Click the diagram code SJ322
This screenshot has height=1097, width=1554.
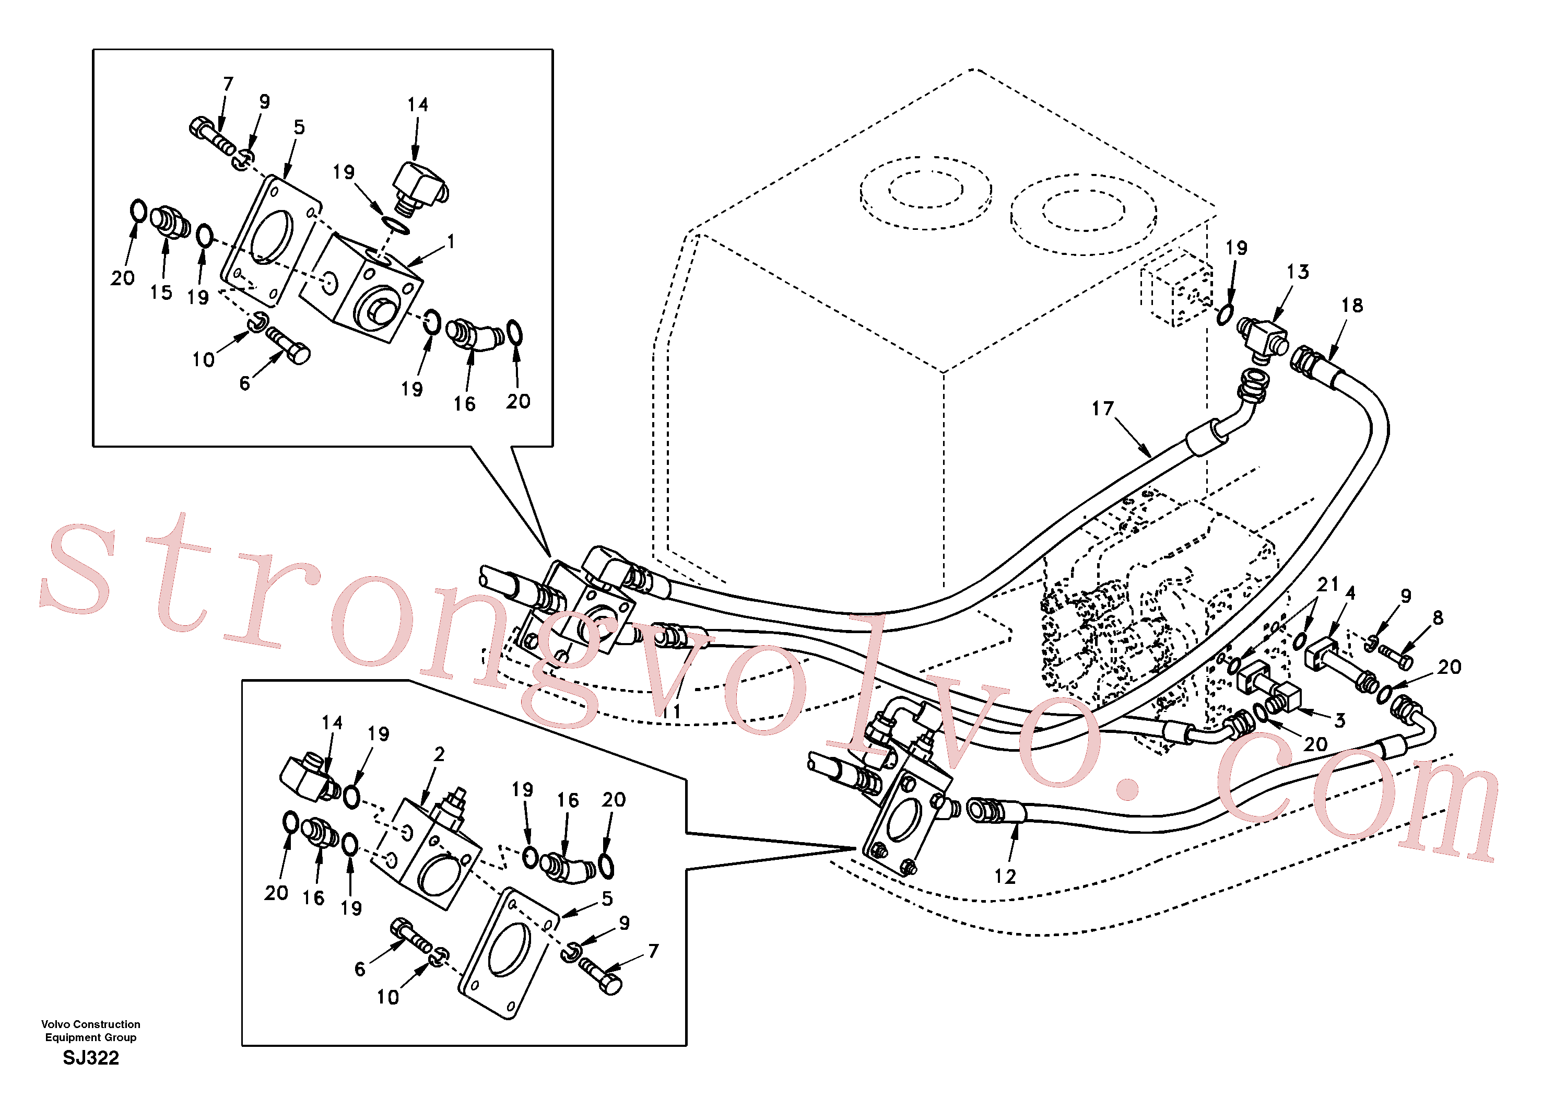pos(91,1058)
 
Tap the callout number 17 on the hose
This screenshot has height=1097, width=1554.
pos(1102,409)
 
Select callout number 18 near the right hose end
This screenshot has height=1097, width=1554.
pos(1352,306)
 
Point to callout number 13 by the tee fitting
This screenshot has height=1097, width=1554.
pos(1298,272)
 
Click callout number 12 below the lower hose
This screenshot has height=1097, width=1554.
pos(1005,876)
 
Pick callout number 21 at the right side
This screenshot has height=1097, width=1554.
pos(1328,583)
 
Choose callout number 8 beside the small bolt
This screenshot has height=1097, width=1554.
pos(1438,617)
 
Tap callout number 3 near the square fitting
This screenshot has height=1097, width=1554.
pos(1339,721)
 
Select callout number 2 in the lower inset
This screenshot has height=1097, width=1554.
pos(439,754)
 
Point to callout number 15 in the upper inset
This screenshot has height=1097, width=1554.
pos(161,292)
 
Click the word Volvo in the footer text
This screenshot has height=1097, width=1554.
pos(55,1024)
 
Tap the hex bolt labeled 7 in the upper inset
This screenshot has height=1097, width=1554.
pos(212,137)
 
